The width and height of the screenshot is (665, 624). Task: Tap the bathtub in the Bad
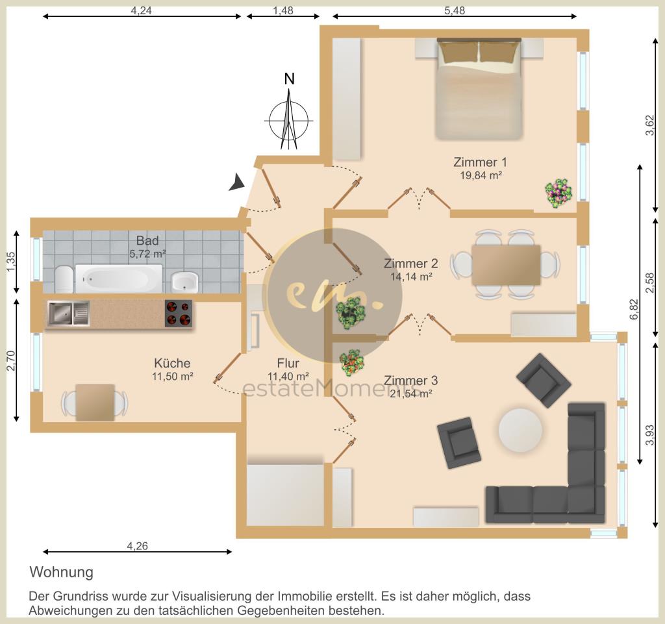pyautogui.click(x=119, y=279)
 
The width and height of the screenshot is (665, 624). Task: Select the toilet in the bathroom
pyautogui.click(x=64, y=279)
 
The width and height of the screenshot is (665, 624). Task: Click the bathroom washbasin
pyautogui.click(x=185, y=282)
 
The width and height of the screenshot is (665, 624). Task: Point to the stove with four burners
pyautogui.click(x=179, y=314)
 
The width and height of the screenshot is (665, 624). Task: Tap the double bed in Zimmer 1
pyautogui.click(x=479, y=88)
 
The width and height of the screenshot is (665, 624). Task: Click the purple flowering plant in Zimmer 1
pyautogui.click(x=558, y=193)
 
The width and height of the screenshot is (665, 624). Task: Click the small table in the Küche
pyautogui.click(x=95, y=403)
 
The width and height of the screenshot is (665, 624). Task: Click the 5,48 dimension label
pyautogui.click(x=455, y=10)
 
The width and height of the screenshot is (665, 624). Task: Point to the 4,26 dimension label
pyautogui.click(x=138, y=546)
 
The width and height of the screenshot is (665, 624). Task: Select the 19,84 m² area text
pyautogui.click(x=481, y=175)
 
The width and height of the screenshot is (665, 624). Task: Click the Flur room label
pyautogui.click(x=288, y=363)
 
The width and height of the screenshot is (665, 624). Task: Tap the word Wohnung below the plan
pyautogui.click(x=62, y=572)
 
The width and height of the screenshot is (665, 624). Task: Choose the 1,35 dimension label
pyautogui.click(x=11, y=262)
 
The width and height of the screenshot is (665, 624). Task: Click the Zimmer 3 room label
pyautogui.click(x=410, y=381)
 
